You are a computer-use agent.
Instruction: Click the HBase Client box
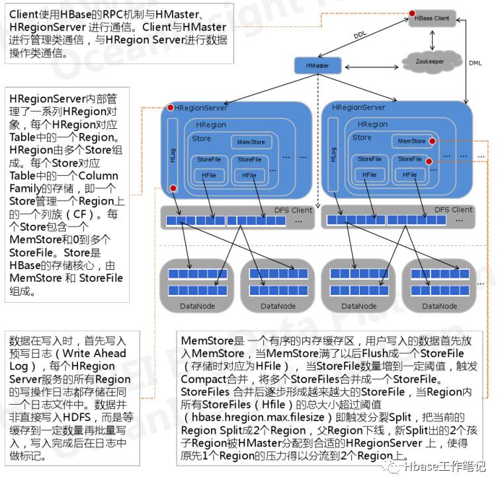tap(432, 19)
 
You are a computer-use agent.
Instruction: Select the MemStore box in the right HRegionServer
tap(411, 141)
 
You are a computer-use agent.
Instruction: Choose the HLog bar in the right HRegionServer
tap(333, 155)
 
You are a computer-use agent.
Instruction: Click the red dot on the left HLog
tap(173, 189)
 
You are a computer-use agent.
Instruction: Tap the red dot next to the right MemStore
tap(432, 141)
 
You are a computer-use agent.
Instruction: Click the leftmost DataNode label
tap(197, 306)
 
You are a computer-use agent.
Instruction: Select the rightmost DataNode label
tap(439, 306)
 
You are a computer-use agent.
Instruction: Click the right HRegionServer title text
tap(358, 107)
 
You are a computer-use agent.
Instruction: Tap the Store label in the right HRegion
tap(362, 138)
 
